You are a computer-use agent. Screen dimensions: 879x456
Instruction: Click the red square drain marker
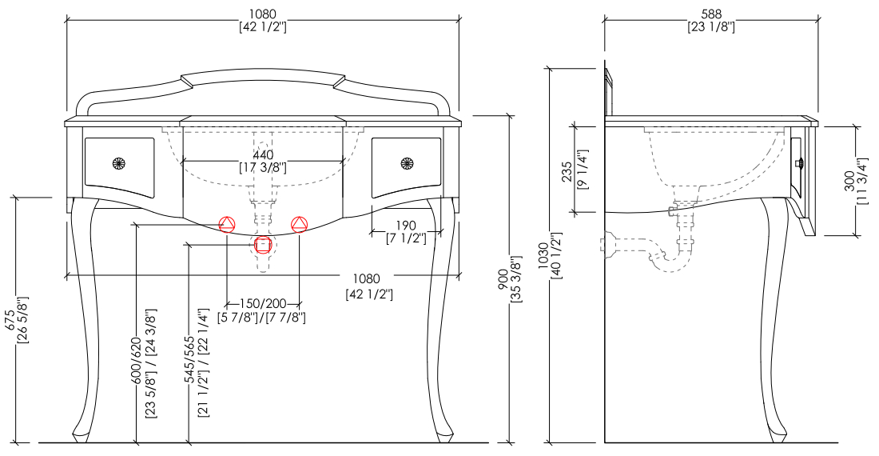coord(263,245)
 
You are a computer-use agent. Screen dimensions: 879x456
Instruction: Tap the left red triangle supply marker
coord(227,224)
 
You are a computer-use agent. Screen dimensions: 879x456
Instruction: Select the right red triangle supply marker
coord(300,224)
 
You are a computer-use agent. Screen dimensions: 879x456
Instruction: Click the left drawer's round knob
coord(119,164)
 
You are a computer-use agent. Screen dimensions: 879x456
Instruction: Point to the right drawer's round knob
coord(407,164)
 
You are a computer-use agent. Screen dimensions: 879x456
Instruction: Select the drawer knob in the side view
coord(800,164)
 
